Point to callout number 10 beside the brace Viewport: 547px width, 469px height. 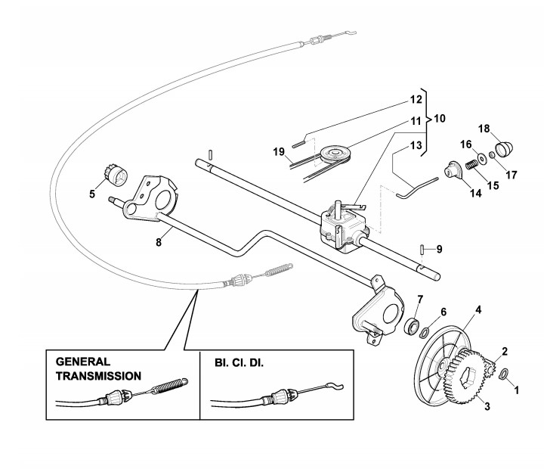440,119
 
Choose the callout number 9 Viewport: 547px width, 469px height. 439,249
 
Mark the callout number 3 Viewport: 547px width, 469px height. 487,407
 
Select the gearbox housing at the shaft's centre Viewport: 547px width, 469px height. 341,223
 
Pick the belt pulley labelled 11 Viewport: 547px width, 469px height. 333,157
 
